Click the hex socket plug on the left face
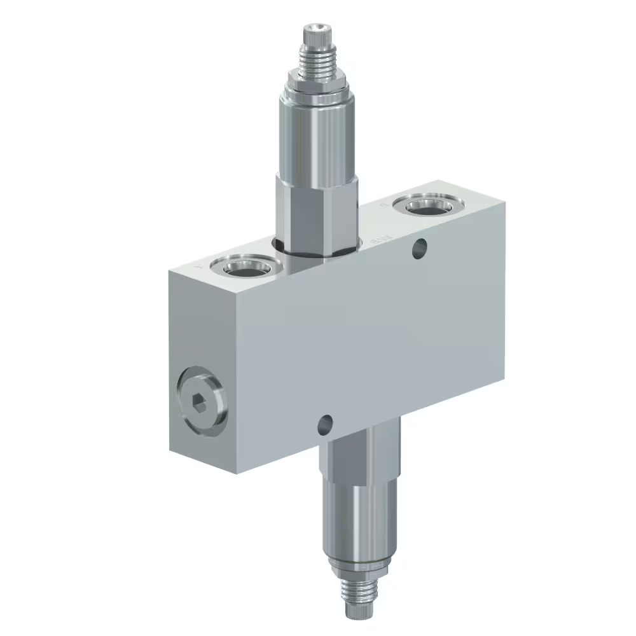(x=200, y=403)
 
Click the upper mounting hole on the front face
(x=418, y=249)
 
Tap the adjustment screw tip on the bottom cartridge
(x=356, y=611)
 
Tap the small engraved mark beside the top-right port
(x=382, y=206)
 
